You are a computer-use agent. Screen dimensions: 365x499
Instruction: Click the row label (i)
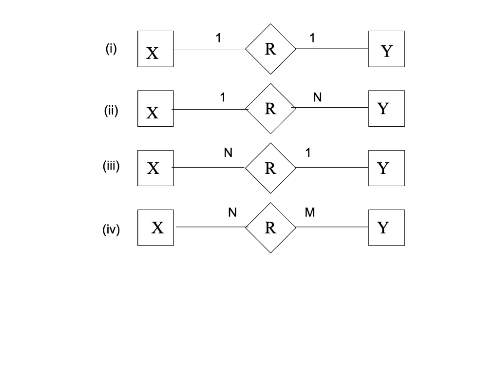click(111, 49)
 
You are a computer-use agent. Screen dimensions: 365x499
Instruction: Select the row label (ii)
click(111, 111)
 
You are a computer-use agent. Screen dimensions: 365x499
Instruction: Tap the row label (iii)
click(111, 166)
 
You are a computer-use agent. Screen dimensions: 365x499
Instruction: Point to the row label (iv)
click(111, 229)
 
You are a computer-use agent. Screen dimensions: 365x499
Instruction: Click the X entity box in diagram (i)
click(155, 49)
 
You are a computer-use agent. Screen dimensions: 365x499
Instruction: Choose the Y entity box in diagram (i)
click(386, 49)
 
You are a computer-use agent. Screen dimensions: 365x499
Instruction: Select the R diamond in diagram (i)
click(270, 49)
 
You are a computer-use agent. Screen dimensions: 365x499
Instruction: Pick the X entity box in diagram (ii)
click(155, 109)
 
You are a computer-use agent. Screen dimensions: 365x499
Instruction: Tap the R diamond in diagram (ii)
click(270, 109)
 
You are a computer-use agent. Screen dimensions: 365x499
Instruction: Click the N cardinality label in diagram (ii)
click(317, 97)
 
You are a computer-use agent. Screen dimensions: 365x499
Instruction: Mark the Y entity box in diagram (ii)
click(386, 108)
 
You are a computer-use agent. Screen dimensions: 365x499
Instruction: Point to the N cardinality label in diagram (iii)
click(228, 153)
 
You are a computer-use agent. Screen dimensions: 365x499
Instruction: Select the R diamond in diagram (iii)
click(270, 168)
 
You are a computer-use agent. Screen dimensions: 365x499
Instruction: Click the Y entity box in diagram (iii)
click(386, 168)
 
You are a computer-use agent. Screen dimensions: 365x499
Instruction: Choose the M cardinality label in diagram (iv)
click(310, 212)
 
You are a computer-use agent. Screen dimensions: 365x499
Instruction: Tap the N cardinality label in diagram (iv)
click(232, 212)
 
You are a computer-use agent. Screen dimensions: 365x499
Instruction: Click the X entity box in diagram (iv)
click(155, 228)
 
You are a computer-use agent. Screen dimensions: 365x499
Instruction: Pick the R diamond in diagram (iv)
click(270, 228)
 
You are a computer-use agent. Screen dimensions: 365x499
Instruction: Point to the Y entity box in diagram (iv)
click(386, 228)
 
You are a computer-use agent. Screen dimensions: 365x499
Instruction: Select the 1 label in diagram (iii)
click(308, 153)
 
